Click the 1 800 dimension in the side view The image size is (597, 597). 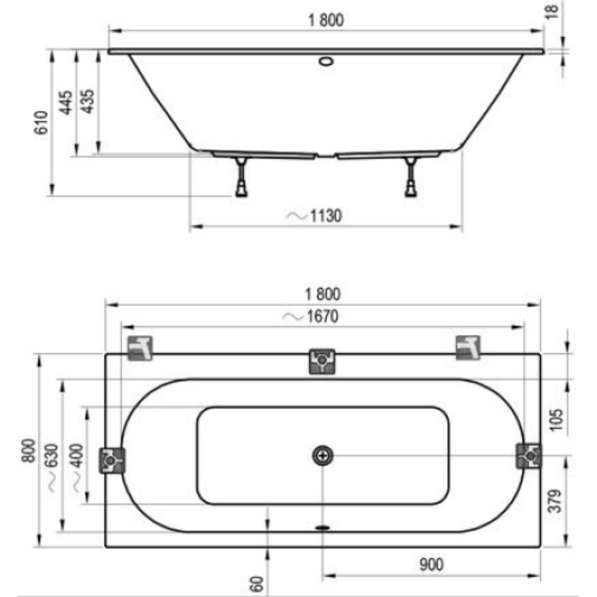[326, 20]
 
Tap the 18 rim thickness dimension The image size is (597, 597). [552, 11]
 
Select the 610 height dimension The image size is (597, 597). [41, 122]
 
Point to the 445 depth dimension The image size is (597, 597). [66, 102]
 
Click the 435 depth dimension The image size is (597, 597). [88, 101]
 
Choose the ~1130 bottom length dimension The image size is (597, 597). [314, 216]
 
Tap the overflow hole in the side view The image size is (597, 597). [327, 61]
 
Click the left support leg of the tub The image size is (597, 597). [241, 177]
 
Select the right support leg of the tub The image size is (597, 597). [411, 177]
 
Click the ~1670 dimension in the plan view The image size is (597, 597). [310, 316]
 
